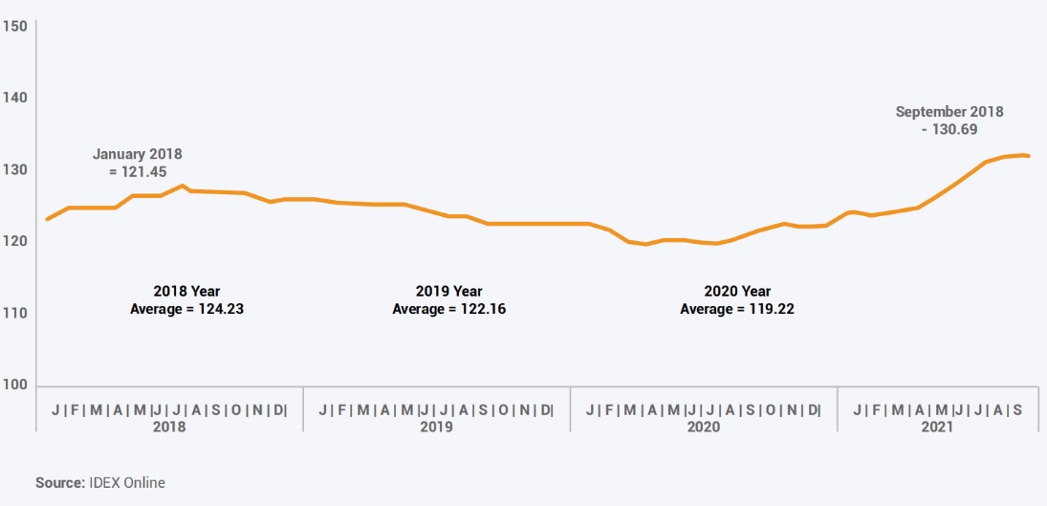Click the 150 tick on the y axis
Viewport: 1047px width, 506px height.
15,26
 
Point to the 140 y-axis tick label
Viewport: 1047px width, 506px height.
15,98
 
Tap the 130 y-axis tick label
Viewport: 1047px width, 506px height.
15,170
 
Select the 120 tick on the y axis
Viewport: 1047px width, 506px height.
15,242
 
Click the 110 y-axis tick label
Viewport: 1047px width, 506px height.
15,314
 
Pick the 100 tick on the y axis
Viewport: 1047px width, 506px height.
15,385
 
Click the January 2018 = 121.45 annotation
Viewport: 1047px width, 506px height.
137,162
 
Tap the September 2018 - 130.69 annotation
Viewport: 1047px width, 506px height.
949,121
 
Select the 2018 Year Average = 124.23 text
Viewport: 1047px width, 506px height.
186,299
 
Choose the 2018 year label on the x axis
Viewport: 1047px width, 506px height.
169,428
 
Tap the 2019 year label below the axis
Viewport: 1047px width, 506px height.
436,428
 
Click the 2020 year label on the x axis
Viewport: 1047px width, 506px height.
704,428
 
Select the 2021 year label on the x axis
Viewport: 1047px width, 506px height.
937,428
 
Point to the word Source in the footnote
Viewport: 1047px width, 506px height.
58,483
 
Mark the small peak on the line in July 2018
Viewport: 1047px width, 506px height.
183,186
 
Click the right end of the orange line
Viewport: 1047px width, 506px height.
1028,156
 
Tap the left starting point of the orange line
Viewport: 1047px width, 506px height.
47,219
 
